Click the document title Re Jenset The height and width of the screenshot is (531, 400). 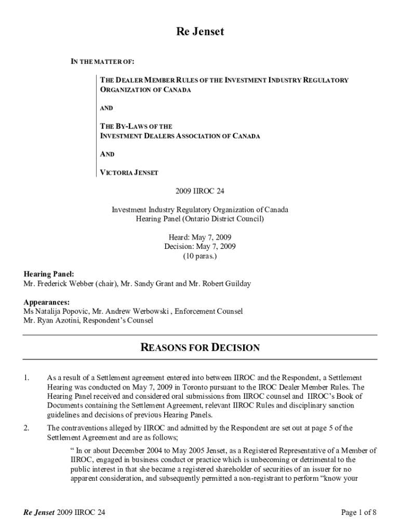pos(199,32)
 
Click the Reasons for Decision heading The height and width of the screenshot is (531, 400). pos(200,347)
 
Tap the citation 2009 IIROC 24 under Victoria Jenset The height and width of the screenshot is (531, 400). pos(200,191)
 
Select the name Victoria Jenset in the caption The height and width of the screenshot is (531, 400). pos(129,173)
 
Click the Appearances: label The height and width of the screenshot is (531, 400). pos(47,302)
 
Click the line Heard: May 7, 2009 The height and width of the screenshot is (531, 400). pos(200,237)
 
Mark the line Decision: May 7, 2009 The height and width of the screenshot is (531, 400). pos(200,247)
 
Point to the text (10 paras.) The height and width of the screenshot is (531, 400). pos(200,256)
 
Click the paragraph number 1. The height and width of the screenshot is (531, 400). pos(26,378)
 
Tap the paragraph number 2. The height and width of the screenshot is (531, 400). pos(26,428)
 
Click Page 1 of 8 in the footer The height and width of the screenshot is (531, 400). pos(358,513)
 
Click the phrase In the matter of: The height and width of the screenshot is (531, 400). pos(102,62)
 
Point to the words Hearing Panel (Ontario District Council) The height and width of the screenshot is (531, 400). pos(200,219)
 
